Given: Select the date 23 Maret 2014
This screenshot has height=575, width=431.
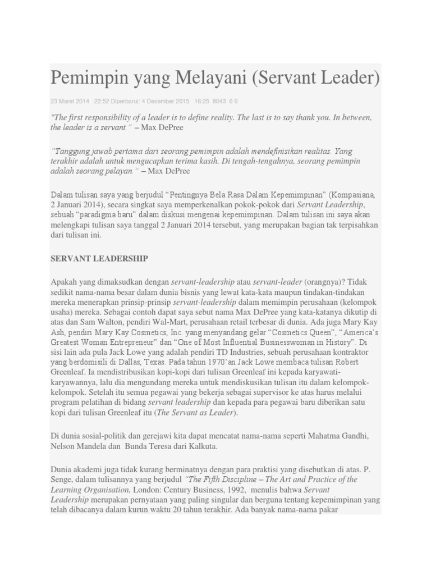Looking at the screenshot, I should tap(70, 101).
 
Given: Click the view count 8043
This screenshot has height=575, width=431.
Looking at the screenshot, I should tap(219, 101).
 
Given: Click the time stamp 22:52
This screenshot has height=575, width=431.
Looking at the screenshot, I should tap(102, 101).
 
